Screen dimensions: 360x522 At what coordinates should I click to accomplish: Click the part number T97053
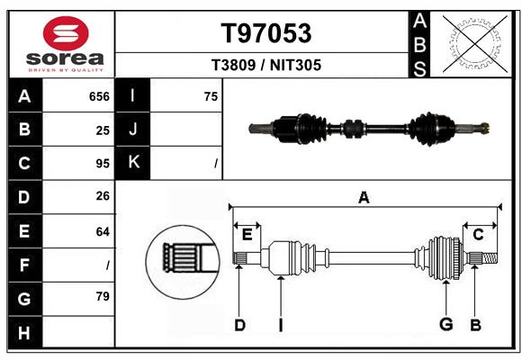coord(266,33)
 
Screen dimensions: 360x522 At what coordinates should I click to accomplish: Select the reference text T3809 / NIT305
coord(266,65)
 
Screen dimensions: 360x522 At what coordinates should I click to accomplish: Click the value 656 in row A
coord(99,96)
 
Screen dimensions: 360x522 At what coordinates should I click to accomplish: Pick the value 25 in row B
coord(103,130)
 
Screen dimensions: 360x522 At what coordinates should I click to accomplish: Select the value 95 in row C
coord(103,164)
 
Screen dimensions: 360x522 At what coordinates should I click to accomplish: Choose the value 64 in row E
coord(103,231)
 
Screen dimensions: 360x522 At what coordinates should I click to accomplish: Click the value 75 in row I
coord(211,96)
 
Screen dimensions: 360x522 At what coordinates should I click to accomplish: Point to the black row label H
coord(24,332)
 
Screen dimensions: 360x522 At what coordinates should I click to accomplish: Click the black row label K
coord(133,163)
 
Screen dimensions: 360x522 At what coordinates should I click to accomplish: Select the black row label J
coord(133,130)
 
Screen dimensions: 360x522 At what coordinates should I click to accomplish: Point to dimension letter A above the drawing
coord(364,197)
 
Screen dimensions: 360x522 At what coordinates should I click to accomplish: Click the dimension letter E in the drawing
coord(247,235)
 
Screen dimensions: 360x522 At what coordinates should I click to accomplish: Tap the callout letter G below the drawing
coord(445,325)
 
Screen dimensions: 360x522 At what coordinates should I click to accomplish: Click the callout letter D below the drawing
coord(239,325)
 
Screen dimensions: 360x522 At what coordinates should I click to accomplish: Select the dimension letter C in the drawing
coord(478,235)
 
